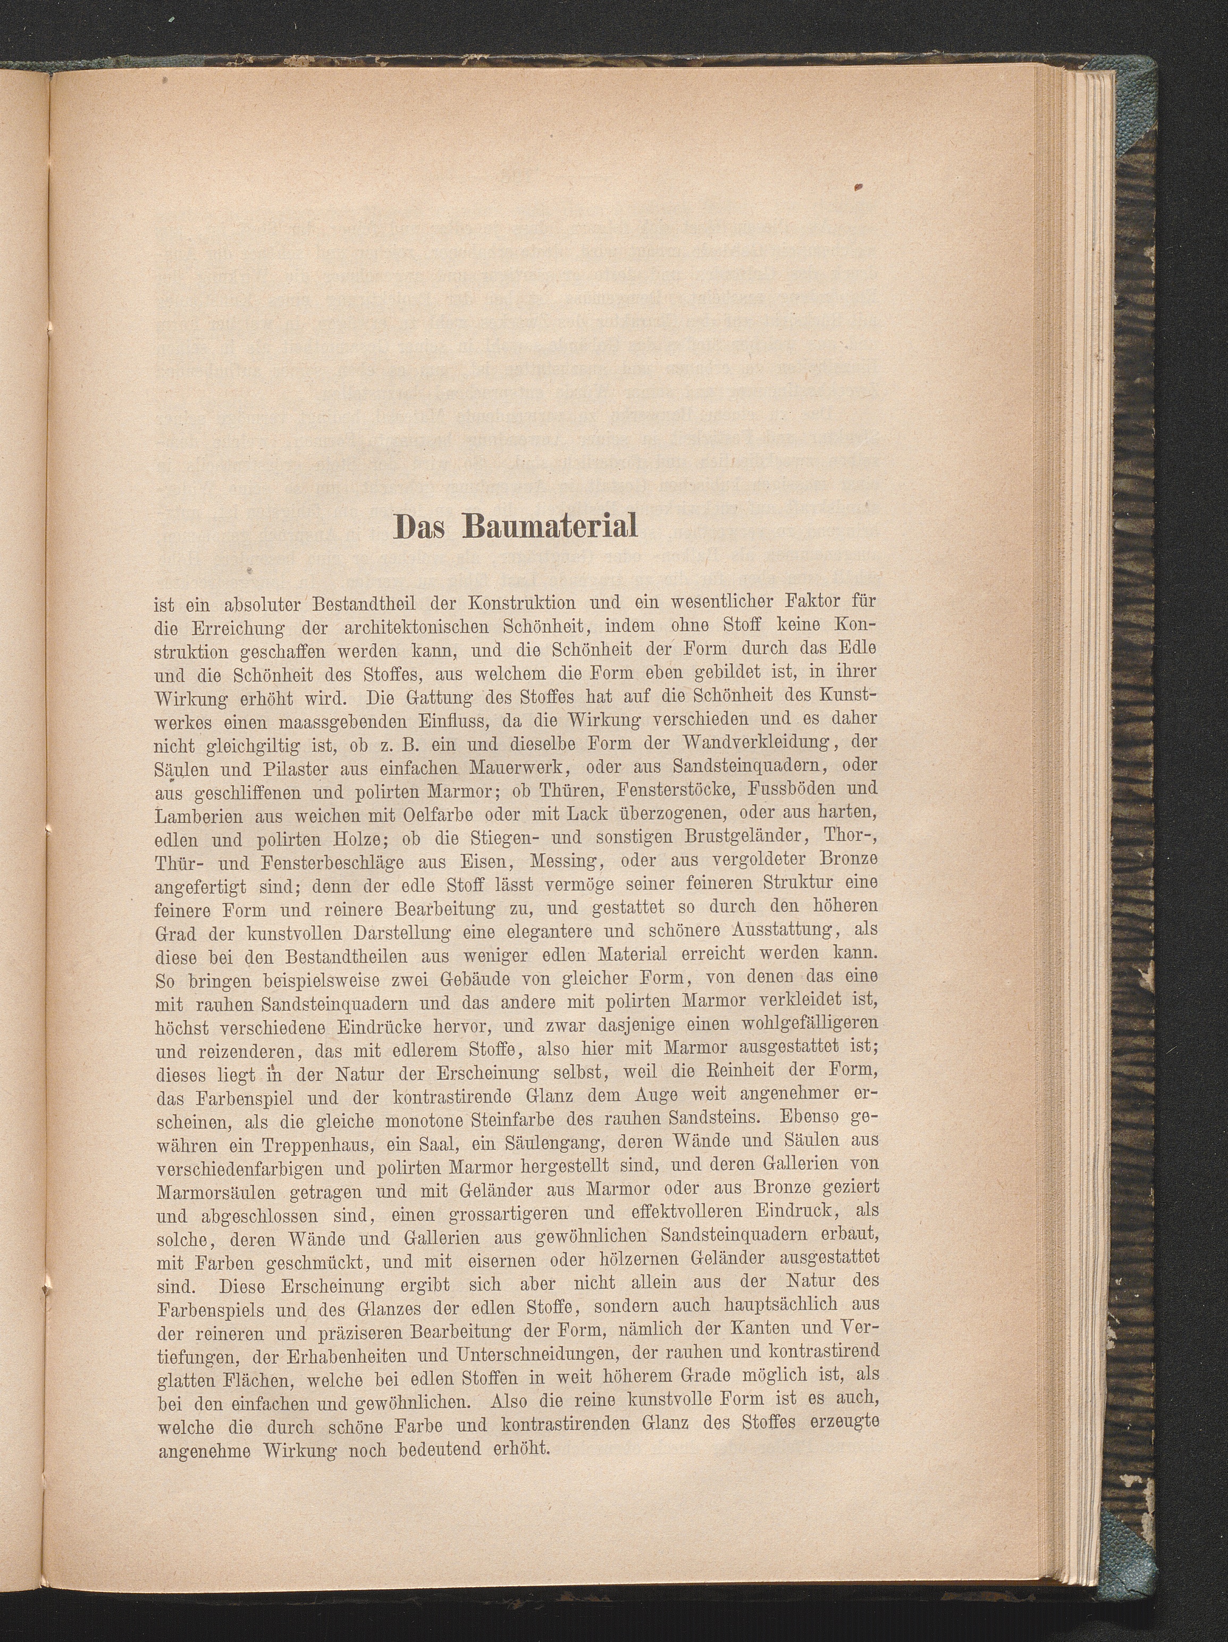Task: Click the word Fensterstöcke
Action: coord(668,790)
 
